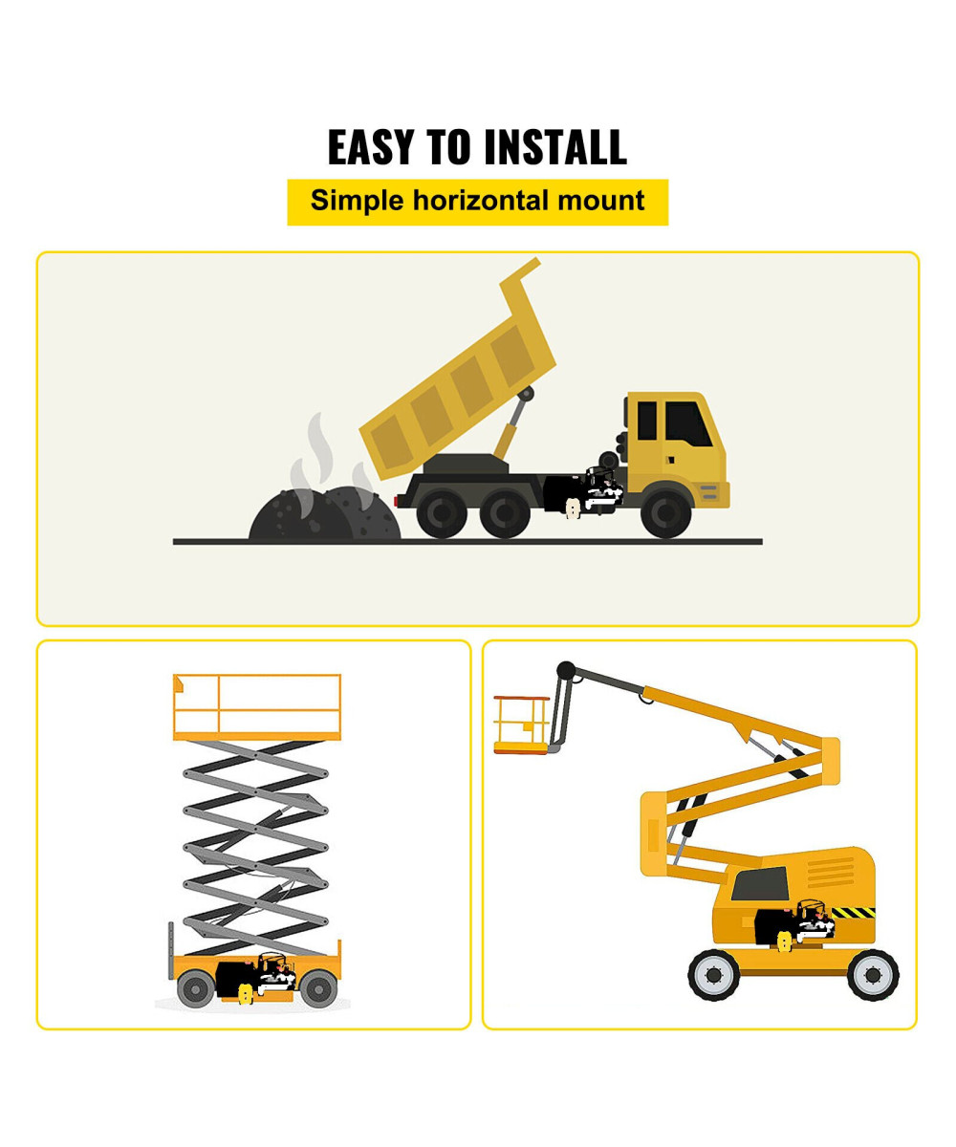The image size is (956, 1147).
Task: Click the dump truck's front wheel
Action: [666, 513]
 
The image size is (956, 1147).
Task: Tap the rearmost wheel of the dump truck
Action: [442, 513]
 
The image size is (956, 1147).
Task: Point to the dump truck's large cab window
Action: [688, 423]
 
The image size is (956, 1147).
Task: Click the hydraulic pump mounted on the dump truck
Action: [583, 491]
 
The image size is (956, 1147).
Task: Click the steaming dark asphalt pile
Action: [324, 513]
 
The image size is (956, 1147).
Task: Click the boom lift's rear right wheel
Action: [873, 975]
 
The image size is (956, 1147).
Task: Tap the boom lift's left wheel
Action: [714, 975]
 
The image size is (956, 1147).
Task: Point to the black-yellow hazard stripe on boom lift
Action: [853, 913]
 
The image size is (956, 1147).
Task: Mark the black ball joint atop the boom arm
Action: [566, 670]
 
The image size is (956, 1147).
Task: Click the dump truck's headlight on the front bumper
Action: [708, 491]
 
